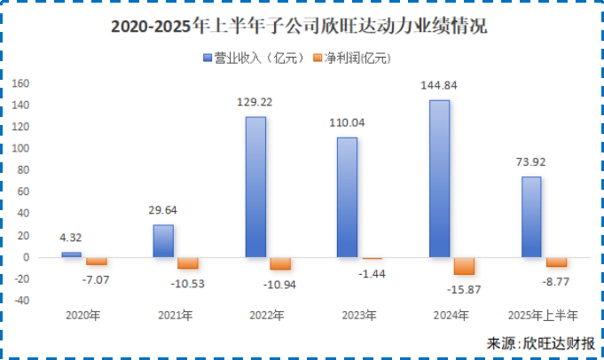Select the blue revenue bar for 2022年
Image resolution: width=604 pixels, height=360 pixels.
pyautogui.click(x=255, y=187)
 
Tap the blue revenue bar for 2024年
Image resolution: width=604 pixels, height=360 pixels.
pyautogui.click(x=439, y=179)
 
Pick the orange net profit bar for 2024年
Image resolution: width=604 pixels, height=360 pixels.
pyautogui.click(x=464, y=266)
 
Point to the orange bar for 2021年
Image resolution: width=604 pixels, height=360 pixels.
pyautogui.click(x=188, y=263)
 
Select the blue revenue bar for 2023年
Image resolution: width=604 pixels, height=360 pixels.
pyautogui.click(x=347, y=197)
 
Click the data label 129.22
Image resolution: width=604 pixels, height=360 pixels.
pyautogui.click(x=256, y=103)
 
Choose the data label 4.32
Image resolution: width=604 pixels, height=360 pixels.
pyautogui.click(x=70, y=238)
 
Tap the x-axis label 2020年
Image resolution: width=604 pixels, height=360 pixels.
pyautogui.click(x=83, y=315)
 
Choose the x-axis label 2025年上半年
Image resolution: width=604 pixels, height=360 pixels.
pyautogui.click(x=544, y=315)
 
